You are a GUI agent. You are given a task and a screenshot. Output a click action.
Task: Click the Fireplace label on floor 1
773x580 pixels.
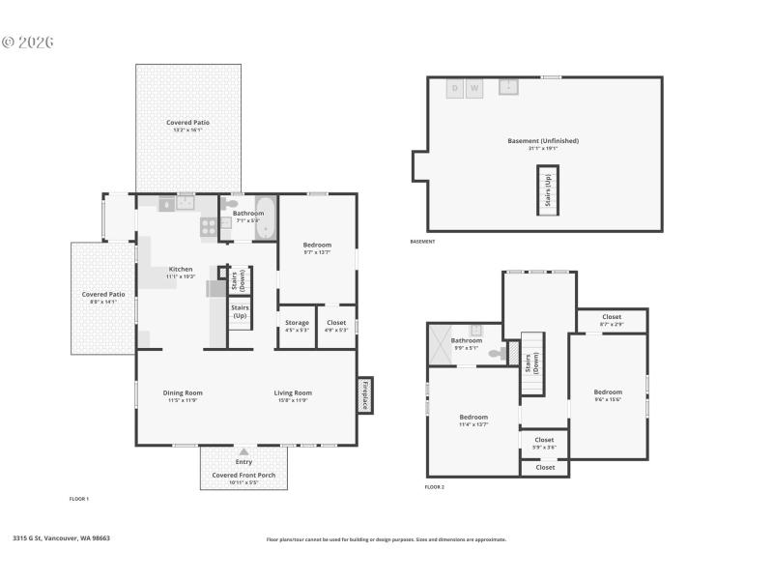(x=364, y=395)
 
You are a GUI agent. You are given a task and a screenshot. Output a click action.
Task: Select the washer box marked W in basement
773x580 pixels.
(x=473, y=89)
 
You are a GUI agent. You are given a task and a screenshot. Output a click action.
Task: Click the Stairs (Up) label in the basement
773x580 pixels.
(x=548, y=190)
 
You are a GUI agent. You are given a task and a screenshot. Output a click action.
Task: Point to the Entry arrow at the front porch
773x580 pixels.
(x=243, y=451)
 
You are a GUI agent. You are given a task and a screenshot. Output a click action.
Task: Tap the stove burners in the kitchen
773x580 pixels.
(x=208, y=227)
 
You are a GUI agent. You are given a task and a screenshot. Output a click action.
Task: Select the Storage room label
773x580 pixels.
(x=297, y=323)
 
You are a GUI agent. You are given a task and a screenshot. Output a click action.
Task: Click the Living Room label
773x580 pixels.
(x=293, y=392)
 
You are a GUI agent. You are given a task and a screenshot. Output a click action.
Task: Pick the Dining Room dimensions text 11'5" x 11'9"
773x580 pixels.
(x=182, y=400)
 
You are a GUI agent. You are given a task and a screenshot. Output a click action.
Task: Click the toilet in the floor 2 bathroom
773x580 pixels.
(x=496, y=354)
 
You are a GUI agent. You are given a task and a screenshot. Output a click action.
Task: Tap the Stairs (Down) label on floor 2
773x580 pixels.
(x=530, y=363)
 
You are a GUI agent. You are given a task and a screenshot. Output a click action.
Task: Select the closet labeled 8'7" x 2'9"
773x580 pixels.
(x=612, y=323)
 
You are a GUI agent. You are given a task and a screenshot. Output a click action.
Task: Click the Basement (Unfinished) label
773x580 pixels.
(x=543, y=141)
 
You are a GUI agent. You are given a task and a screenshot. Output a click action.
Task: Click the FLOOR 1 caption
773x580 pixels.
(x=79, y=499)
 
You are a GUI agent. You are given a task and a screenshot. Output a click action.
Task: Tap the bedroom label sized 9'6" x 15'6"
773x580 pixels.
(x=608, y=395)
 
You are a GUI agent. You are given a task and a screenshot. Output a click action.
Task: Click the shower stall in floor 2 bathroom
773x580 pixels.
(x=442, y=345)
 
